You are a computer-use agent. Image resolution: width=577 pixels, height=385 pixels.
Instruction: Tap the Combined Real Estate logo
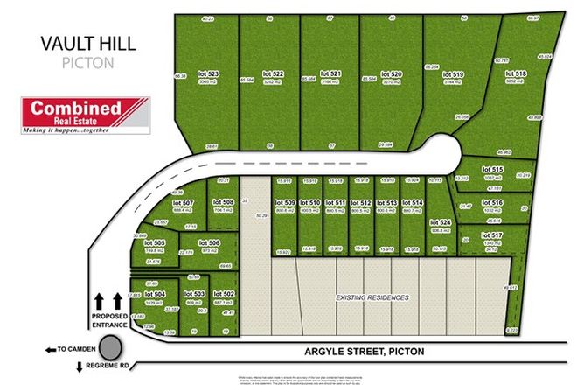coord(85,116)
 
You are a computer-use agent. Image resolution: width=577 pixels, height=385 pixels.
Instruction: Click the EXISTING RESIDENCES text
coord(373,298)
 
